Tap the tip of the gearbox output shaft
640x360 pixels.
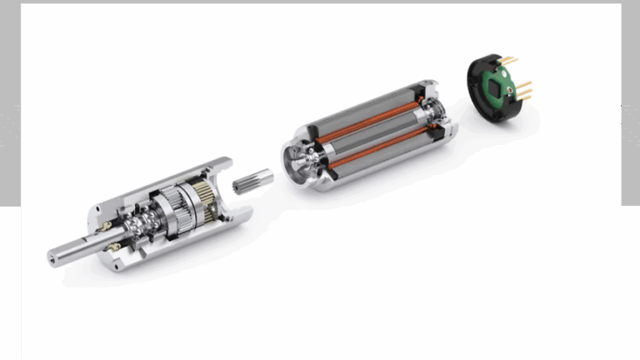tap(54, 259)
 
